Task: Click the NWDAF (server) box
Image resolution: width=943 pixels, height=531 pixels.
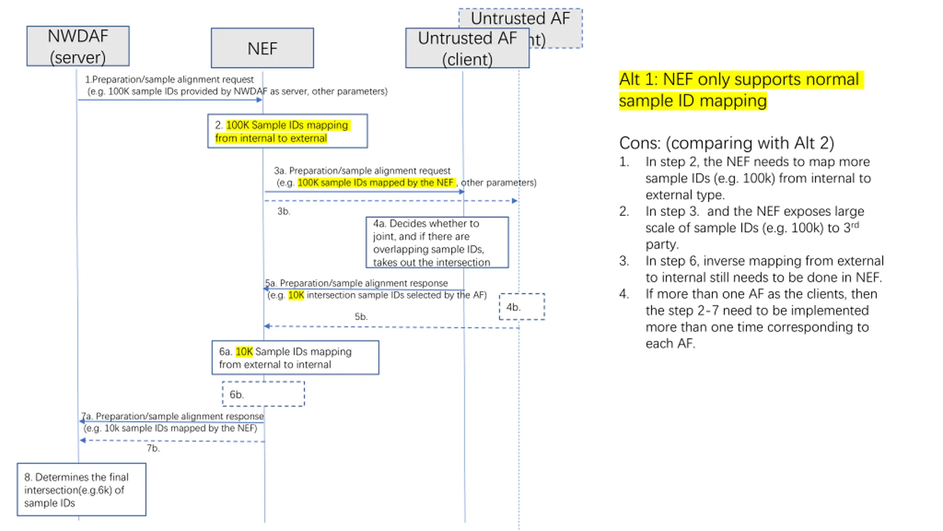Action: (x=78, y=46)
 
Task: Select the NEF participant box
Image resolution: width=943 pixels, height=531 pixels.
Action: (x=262, y=48)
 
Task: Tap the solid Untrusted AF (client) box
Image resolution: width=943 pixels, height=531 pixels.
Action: (x=467, y=48)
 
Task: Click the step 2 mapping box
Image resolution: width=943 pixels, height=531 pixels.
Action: (x=287, y=131)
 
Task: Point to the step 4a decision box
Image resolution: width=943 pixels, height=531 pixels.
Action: (x=437, y=242)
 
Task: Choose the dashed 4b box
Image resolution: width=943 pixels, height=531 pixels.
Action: (x=522, y=306)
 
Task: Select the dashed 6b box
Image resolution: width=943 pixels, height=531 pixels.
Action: (x=263, y=394)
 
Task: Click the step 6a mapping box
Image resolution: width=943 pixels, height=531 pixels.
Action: (x=295, y=357)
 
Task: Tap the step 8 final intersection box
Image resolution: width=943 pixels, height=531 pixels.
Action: (x=81, y=489)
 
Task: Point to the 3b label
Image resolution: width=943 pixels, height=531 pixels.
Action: (x=284, y=211)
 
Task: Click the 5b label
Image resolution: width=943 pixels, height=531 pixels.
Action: (x=361, y=316)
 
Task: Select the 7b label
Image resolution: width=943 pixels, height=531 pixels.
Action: (x=153, y=448)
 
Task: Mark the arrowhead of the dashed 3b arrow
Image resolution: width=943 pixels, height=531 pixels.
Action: (x=515, y=201)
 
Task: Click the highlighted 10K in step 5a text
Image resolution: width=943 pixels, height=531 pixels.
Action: (x=296, y=295)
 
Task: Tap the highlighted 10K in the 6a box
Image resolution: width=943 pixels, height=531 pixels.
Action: (x=244, y=351)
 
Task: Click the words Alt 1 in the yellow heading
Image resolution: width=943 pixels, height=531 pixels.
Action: (x=638, y=79)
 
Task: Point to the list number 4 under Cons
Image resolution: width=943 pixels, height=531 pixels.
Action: (x=624, y=294)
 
